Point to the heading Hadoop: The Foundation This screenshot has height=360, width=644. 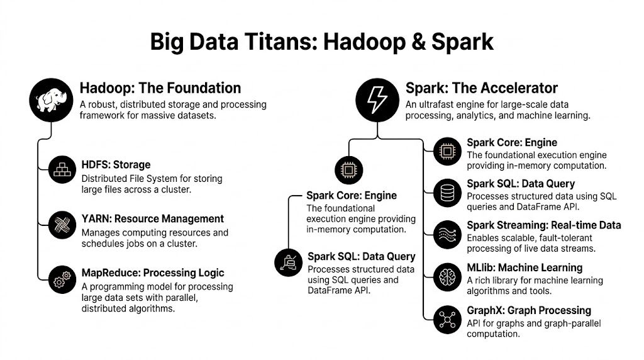pos(160,88)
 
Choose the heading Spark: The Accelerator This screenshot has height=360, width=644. pos(481,88)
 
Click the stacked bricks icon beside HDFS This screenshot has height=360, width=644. pos(64,170)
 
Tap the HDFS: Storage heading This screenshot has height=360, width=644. pos(116,165)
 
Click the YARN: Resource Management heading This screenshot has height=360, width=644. pos(152,219)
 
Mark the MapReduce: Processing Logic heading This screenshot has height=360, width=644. pos(152,273)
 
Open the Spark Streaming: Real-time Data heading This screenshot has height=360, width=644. pos(543,225)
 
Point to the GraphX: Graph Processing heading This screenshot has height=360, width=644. pos(528,310)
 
